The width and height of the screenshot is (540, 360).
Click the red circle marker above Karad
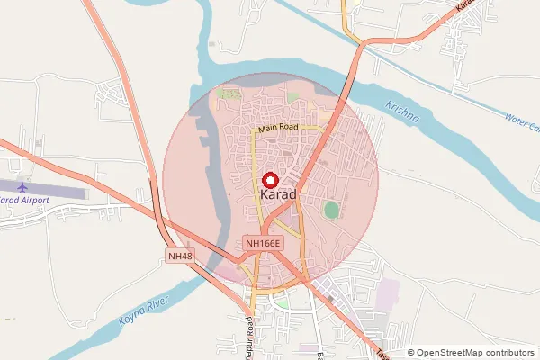[x=269, y=180]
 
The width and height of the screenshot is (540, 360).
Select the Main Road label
[x=279, y=130]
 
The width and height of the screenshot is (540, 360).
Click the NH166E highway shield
[x=264, y=243]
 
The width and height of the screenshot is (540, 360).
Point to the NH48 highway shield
[x=181, y=257]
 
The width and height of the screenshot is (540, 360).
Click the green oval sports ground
[x=332, y=211]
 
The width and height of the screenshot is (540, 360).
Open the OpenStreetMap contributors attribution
[x=476, y=353]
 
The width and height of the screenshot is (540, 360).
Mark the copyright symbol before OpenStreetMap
[x=411, y=353]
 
